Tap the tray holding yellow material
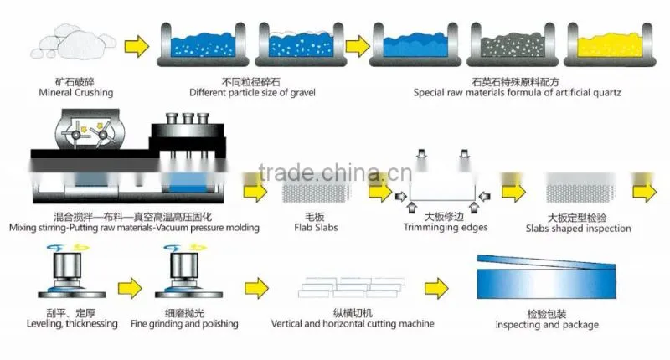[x=610, y=45]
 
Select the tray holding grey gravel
[x=513, y=45]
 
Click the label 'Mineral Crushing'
[x=76, y=93]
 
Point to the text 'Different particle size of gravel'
[x=252, y=93]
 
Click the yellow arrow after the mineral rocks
[x=137, y=46]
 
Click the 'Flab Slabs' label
[x=316, y=228]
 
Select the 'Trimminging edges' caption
[x=446, y=228]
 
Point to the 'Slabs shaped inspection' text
[x=578, y=229]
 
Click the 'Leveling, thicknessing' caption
[x=72, y=324]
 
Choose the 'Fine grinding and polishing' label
[x=184, y=324]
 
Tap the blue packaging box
[x=547, y=277]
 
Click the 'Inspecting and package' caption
[x=547, y=325]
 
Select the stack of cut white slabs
[x=351, y=287]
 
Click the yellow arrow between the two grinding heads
[x=130, y=288]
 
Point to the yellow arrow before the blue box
[x=436, y=288]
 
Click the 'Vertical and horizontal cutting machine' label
[x=353, y=324]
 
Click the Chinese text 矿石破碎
[x=75, y=82]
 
